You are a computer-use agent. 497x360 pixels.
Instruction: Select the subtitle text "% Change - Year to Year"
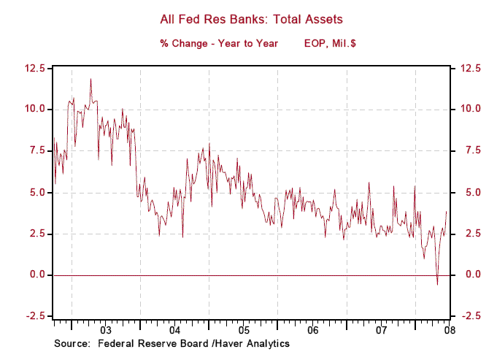[219, 44]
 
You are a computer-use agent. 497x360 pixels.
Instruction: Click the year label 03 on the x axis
[106, 330]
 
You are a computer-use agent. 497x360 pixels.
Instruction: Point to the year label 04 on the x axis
[174, 330]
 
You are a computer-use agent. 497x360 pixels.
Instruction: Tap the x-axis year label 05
[244, 330]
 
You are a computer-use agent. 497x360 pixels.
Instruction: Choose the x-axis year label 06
[312, 330]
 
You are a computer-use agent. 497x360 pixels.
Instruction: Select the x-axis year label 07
[381, 330]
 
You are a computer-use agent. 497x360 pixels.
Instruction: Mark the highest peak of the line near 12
[90, 79]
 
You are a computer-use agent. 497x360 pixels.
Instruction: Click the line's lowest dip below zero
[437, 284]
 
